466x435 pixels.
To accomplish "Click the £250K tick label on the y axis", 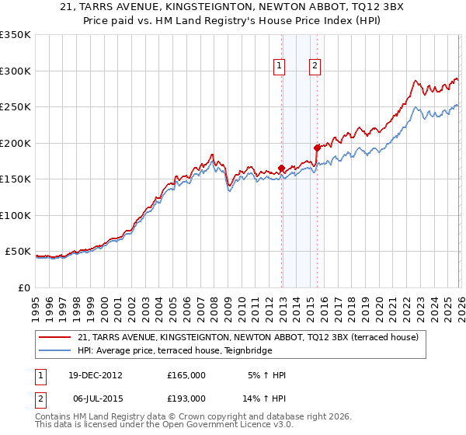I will (x=15, y=107).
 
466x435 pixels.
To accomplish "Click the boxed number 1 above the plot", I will (x=279, y=66).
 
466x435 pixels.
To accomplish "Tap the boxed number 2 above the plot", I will (x=315, y=66).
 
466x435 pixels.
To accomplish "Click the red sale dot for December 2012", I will (x=281, y=168).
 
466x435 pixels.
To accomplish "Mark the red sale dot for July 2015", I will (x=317, y=148).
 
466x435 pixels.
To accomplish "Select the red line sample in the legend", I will (x=56, y=337).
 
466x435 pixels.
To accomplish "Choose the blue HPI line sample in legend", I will (x=56, y=350).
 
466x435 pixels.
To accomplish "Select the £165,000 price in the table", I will (x=186, y=375).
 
